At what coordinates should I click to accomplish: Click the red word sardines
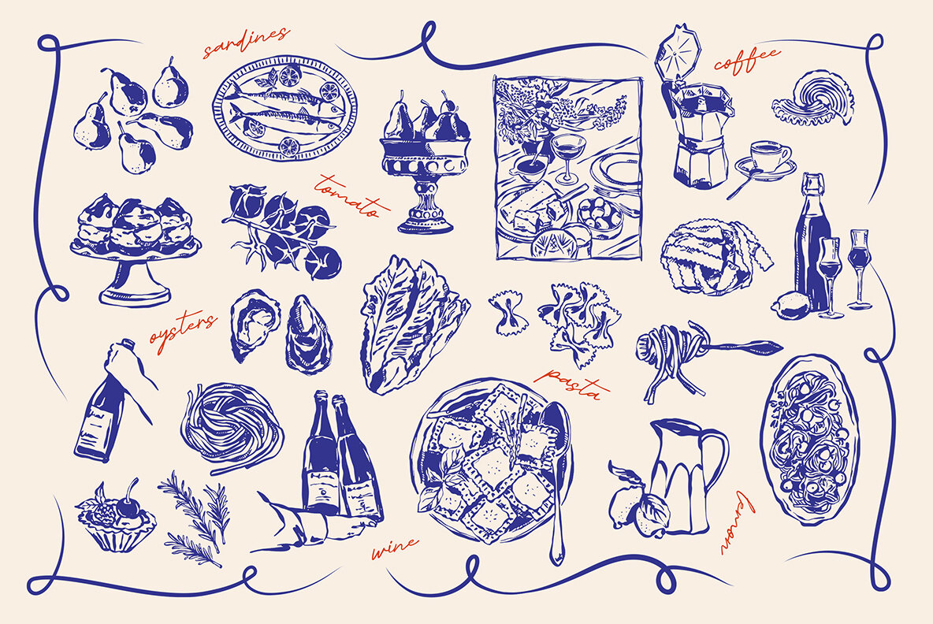(x=246, y=43)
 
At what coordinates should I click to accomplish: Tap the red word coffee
(x=747, y=60)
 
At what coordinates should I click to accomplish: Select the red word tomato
(x=351, y=195)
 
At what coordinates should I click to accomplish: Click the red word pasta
(x=572, y=383)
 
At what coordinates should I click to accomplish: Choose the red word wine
(x=395, y=548)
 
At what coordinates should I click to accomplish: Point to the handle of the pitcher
(x=716, y=461)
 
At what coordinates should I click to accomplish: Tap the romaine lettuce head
(x=411, y=324)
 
